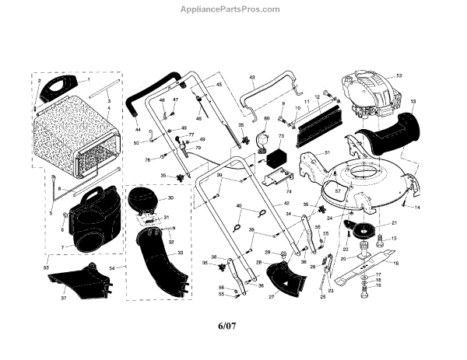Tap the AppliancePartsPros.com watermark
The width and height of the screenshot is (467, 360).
(x=233, y=9)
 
